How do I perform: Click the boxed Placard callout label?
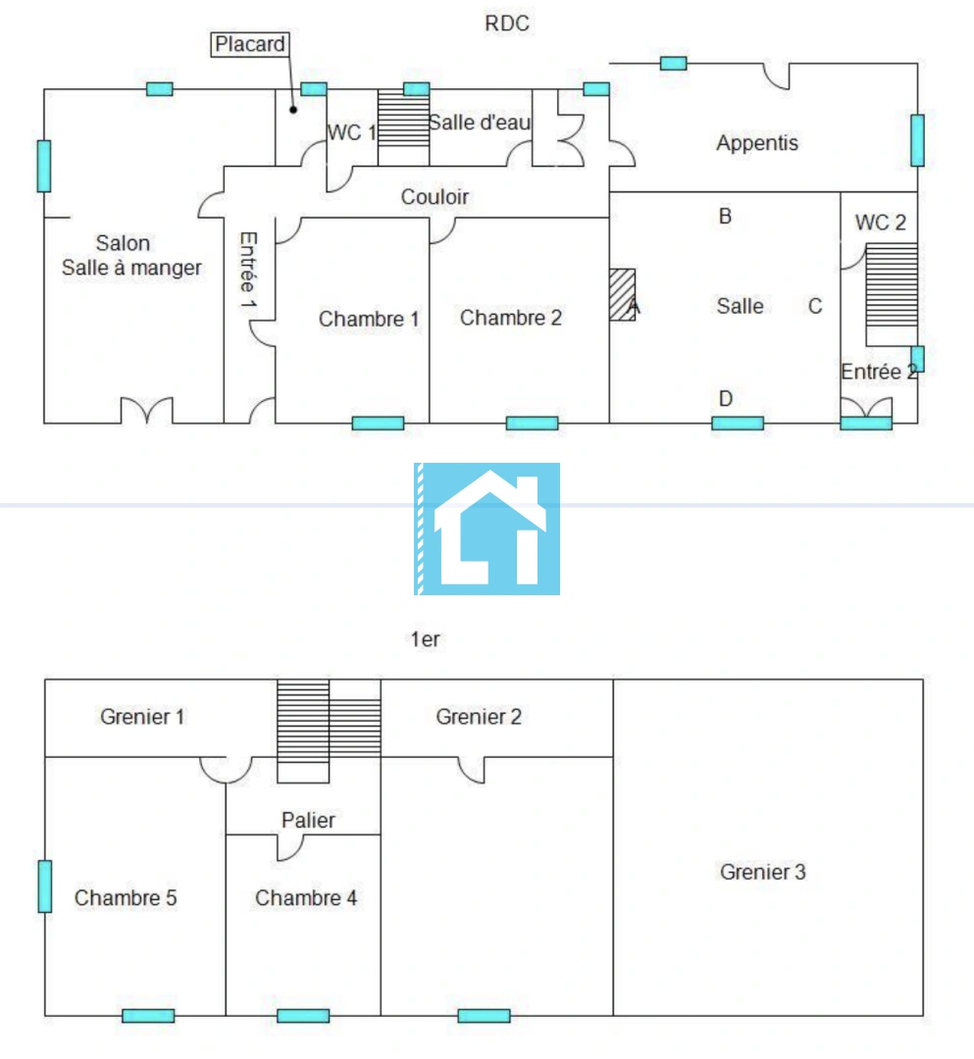pos(250,44)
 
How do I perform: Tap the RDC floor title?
pos(507,24)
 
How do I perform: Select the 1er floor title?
pos(425,639)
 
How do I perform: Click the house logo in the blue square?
pos(487,529)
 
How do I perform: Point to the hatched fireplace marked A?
pos(622,294)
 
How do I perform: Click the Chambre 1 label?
pos(369,319)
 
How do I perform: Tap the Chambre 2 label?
pos(511,318)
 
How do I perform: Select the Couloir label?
pos(435,197)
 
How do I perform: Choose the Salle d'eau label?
pos(480,123)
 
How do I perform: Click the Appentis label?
pos(757,143)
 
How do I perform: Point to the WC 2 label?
pos(880,223)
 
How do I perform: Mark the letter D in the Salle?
pos(726,399)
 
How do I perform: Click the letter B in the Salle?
pos(725,217)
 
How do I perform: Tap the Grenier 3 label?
pos(763,872)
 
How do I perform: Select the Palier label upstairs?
pos(308,820)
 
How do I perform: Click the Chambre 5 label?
pos(126,898)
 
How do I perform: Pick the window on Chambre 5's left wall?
pos(45,885)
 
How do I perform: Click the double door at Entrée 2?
pos(866,409)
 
